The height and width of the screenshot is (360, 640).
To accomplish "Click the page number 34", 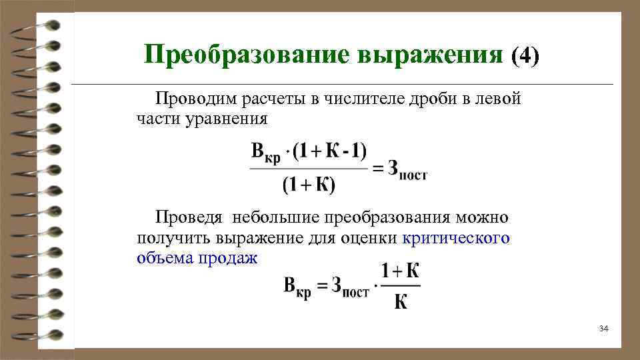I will coord(604,329).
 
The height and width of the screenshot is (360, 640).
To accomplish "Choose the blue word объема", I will coord(165,258).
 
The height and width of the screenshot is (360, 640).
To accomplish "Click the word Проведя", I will coord(189,217).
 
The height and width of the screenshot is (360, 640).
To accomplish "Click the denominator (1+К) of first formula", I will coord(309,185).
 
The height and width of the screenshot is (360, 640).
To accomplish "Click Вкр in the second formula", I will coord(297,288).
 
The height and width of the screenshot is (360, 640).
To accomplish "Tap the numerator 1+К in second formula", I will coord(400,272).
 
